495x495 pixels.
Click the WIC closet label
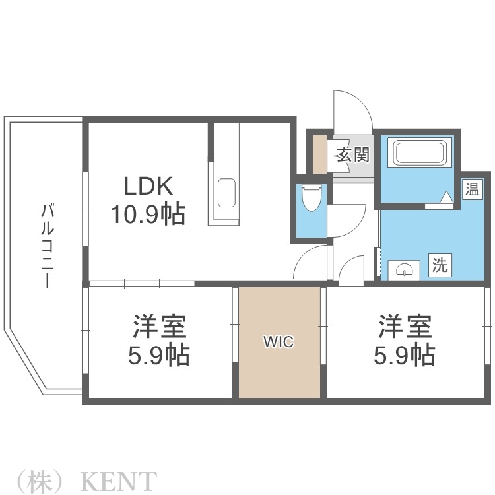coord(279,342)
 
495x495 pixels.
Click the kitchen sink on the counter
coord(226,192)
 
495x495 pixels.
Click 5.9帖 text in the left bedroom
coord(159,356)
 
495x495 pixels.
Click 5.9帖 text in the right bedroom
coord(405,356)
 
